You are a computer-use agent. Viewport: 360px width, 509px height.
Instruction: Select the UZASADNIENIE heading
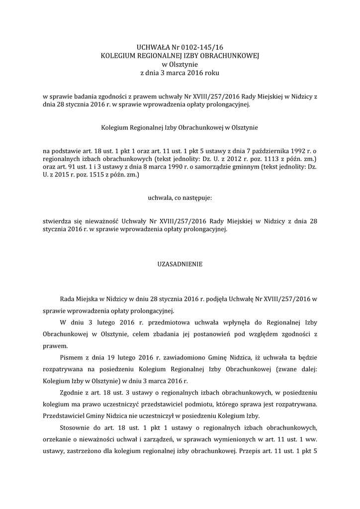tap(180, 264)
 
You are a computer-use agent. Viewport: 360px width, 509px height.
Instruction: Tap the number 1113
tap(271, 159)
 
